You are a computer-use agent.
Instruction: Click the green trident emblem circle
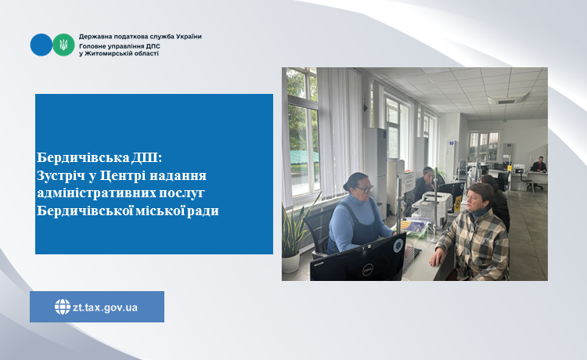click(x=63, y=45)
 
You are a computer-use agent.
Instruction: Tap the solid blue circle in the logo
click(x=41, y=45)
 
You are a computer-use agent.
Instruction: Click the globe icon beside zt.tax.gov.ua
click(x=63, y=307)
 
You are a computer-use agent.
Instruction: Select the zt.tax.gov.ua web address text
click(x=105, y=308)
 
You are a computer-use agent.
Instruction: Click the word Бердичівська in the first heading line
click(x=83, y=157)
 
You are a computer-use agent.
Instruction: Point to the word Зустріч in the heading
click(x=61, y=175)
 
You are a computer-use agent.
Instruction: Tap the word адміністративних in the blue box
click(x=96, y=193)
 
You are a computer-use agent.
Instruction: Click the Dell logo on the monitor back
click(x=367, y=268)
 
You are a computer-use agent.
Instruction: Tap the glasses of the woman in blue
click(x=364, y=189)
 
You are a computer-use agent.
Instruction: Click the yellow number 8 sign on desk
click(x=458, y=203)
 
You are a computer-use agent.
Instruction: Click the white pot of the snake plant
click(x=291, y=262)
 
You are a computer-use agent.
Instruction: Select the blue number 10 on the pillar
click(x=451, y=143)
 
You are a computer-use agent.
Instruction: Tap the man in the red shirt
click(x=539, y=165)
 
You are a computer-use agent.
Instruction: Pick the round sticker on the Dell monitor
click(x=398, y=245)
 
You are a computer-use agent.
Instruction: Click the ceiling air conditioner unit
click(x=508, y=99)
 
